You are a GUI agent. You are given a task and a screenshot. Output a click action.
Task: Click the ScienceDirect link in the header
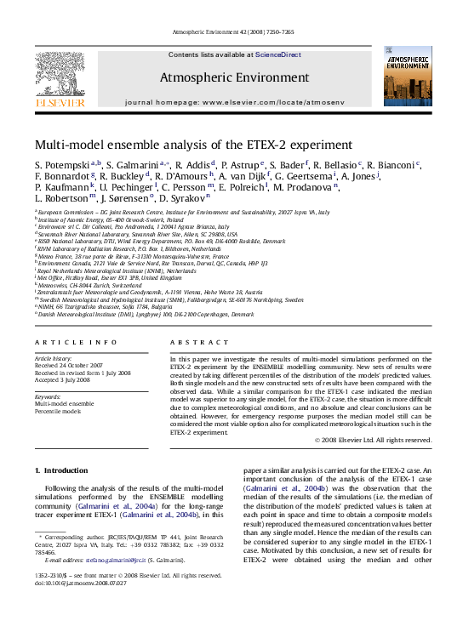coord(278,54)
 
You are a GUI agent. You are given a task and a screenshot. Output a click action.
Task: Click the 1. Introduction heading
coord(60,470)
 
